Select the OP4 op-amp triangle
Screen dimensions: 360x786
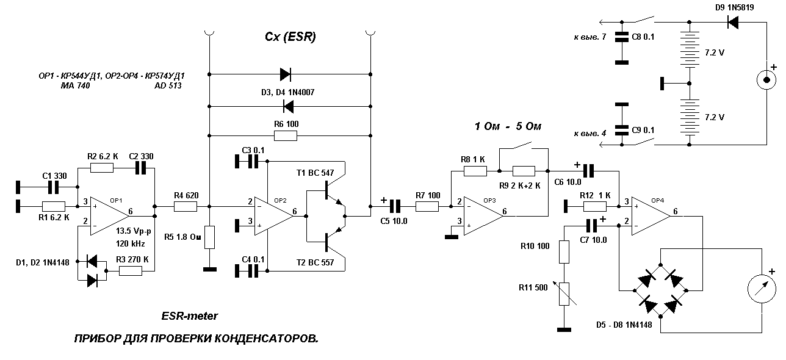click(651, 213)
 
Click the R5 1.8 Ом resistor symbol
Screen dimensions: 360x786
click(209, 237)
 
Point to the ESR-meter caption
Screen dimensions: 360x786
click(189, 316)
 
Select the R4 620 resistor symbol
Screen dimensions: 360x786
click(184, 207)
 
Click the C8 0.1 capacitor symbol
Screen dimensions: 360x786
click(621, 37)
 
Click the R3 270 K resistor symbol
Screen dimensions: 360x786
click(130, 271)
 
